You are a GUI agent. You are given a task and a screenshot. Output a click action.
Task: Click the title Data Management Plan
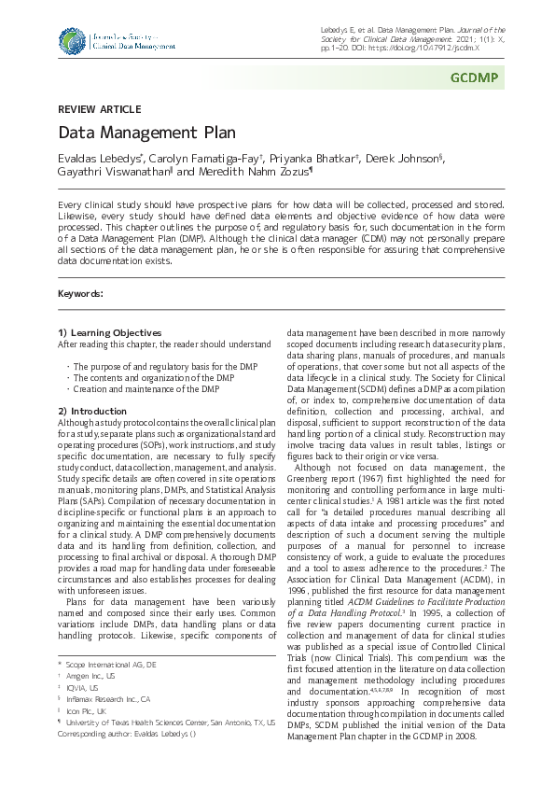(x=146, y=133)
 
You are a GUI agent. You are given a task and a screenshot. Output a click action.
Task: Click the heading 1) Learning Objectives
(x=109, y=333)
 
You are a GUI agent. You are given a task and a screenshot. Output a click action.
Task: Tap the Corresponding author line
(x=131, y=734)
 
